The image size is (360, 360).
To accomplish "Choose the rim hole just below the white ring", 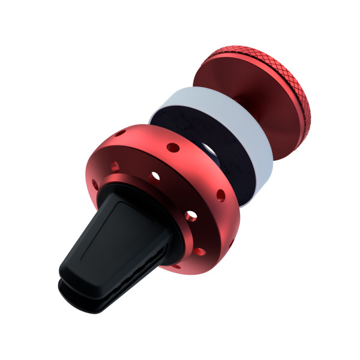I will coord(221,194).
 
